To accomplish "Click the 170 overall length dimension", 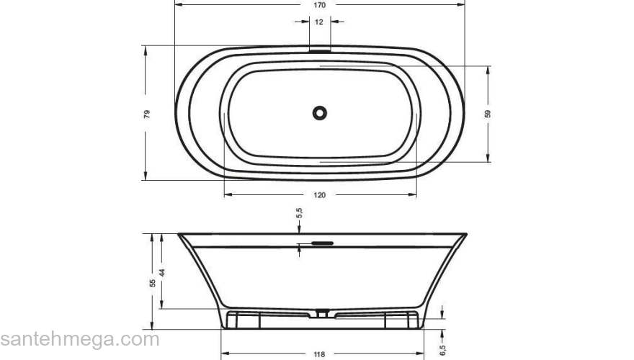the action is pyautogui.click(x=319, y=5).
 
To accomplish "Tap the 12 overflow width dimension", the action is pyautogui.click(x=319, y=22).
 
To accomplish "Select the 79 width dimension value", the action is pyautogui.click(x=147, y=114).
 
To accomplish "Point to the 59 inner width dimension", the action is pyautogui.click(x=488, y=114).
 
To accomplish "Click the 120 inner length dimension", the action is pyautogui.click(x=319, y=195).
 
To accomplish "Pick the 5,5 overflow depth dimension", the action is pyautogui.click(x=299, y=213).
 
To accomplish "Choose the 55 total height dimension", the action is pyautogui.click(x=153, y=283).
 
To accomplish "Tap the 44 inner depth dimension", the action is pyautogui.click(x=162, y=272).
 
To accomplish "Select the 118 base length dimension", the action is pyautogui.click(x=319, y=354).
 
